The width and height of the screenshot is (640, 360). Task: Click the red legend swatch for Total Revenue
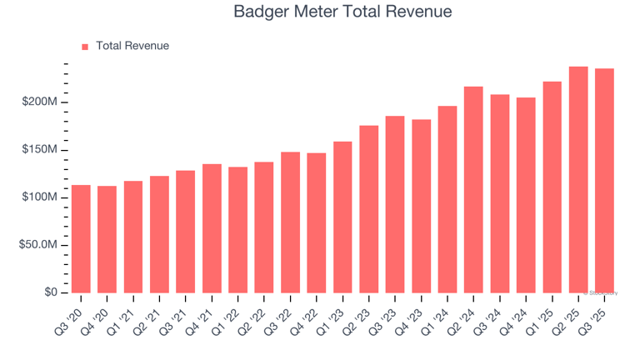click(84, 47)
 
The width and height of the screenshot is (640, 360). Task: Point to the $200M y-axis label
click(40, 102)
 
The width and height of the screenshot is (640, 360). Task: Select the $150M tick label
click(40, 150)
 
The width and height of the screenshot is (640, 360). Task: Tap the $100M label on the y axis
click(40, 197)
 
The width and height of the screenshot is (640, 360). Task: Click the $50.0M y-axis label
click(37, 245)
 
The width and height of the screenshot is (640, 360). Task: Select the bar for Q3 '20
click(81, 239)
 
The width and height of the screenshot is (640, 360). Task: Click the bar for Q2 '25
click(578, 180)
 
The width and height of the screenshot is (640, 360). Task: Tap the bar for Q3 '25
click(604, 181)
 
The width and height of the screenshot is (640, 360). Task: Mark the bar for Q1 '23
click(342, 217)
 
